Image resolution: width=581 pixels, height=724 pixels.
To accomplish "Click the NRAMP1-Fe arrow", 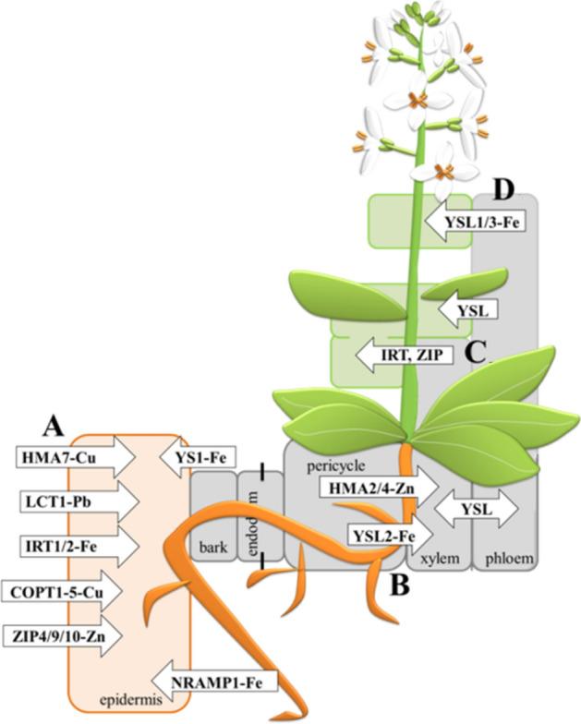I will point(202,682).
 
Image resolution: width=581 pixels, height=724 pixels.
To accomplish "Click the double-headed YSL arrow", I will point(477,508).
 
